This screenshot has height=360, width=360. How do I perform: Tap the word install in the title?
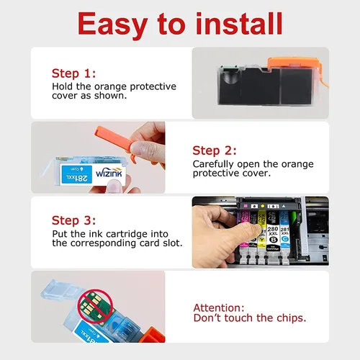[239, 23]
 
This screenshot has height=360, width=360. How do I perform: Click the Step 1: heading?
[73, 73]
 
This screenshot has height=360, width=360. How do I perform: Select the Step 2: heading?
[215, 150]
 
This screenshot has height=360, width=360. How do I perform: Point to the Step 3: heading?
[73, 220]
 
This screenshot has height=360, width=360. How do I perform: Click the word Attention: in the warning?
[219, 307]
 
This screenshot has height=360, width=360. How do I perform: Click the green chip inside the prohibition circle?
[94, 305]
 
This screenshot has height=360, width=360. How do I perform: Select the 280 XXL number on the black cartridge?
[273, 231]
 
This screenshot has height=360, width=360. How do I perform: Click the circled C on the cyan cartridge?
[285, 239]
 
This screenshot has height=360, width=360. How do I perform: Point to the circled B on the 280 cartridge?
[273, 240]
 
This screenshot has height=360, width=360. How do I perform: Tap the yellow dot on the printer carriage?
[263, 206]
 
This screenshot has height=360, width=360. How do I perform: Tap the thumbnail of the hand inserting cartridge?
[261, 232]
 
